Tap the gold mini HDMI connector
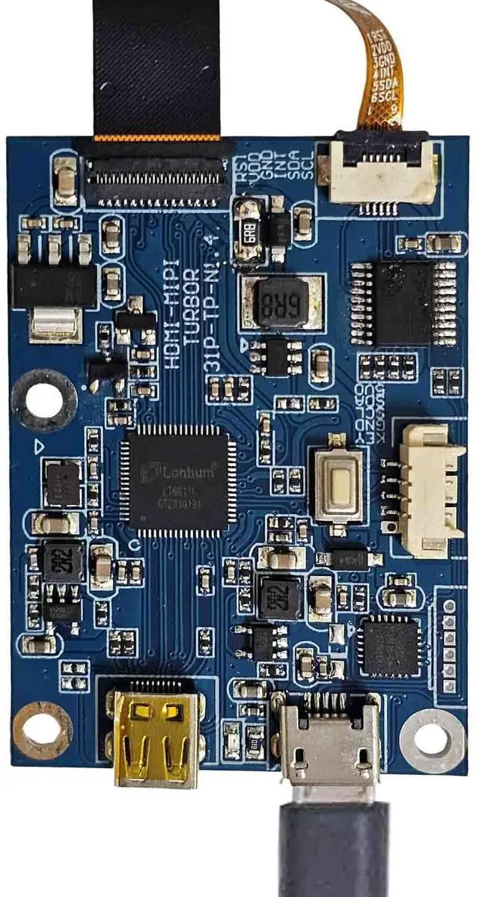click(156, 736)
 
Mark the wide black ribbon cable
click(157, 67)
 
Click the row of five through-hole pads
click(449, 643)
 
